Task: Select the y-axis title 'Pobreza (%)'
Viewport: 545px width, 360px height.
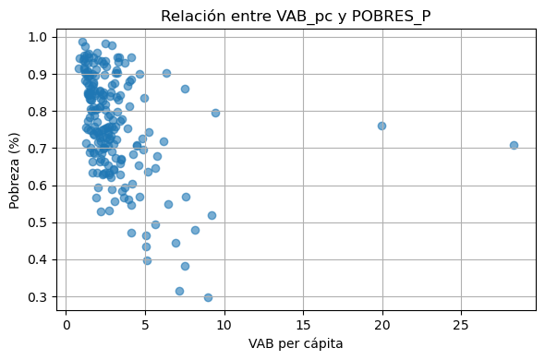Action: (15, 167)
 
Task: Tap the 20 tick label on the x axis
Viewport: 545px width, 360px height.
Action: (381, 327)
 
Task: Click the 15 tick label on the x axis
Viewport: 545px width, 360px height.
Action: (303, 327)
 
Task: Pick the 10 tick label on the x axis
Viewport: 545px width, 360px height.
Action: (224, 327)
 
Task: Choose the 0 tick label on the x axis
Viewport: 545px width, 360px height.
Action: (67, 327)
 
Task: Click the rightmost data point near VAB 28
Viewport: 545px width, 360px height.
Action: (514, 145)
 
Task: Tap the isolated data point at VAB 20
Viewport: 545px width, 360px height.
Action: (381, 126)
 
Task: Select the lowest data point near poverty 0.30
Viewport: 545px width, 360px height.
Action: (208, 297)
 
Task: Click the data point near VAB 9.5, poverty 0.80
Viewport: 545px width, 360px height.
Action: (215, 113)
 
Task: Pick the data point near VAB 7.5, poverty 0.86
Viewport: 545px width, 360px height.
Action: (185, 89)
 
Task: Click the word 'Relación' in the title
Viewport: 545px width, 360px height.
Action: (191, 16)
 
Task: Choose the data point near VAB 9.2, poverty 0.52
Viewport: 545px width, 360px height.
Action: (212, 215)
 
